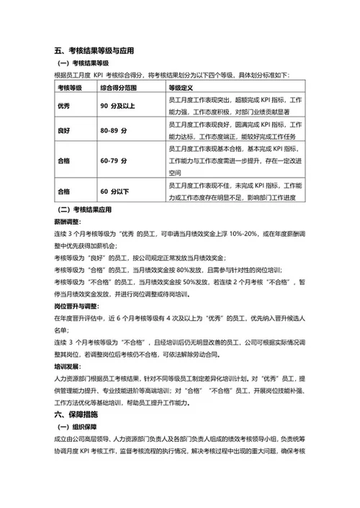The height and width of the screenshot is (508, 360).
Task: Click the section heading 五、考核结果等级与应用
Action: coord(94,51)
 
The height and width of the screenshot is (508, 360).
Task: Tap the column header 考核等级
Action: coord(70,88)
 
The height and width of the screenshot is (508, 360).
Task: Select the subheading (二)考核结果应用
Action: coord(86,211)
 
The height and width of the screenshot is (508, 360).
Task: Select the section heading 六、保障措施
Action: coord(76,415)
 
